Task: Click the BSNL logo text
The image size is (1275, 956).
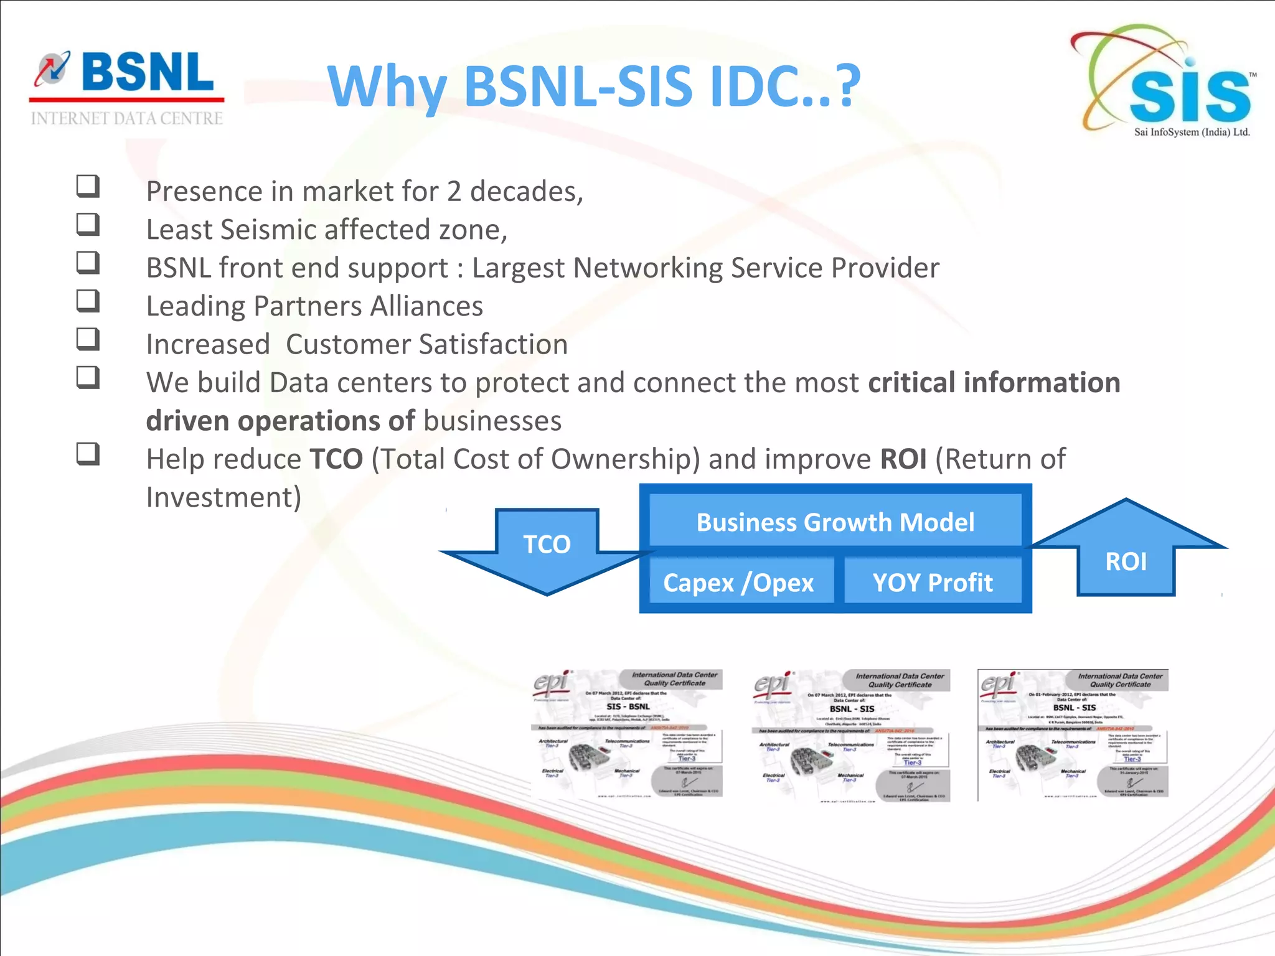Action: (147, 72)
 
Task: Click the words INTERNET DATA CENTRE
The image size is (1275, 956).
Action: (127, 118)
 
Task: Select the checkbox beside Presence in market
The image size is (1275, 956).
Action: (88, 185)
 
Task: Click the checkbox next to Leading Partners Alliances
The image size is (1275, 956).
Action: (88, 301)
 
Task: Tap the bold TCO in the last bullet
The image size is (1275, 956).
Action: (336, 459)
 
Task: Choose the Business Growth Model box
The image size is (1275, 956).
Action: (835, 522)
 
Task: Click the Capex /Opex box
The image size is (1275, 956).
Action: (739, 583)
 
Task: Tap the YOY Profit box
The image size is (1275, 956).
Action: (932, 583)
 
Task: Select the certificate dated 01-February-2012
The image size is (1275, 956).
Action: (1073, 734)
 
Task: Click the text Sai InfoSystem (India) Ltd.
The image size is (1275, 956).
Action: (1192, 132)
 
